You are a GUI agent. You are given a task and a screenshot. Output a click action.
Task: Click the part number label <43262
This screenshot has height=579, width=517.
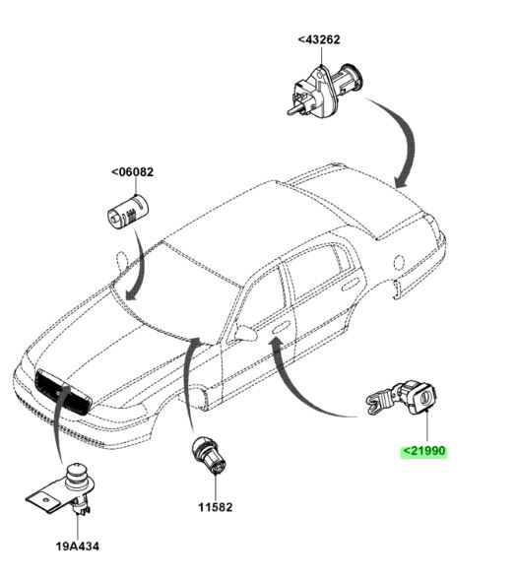tap(319, 39)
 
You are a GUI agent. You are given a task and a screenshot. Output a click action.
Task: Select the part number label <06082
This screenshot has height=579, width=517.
tap(132, 172)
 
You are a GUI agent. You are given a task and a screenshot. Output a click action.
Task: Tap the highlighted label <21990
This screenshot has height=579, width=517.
tap(424, 451)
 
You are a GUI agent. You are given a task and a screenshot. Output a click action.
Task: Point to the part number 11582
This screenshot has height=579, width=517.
tap(216, 507)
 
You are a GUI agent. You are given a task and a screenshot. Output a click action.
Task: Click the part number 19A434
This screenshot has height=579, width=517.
tap(78, 547)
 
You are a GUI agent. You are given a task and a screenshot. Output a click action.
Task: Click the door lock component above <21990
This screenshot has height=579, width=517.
tap(402, 399)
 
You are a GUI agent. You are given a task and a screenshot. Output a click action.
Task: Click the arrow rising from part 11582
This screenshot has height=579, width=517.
tap(188, 380)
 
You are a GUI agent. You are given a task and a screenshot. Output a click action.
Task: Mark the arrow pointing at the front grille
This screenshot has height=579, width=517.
tap(59, 424)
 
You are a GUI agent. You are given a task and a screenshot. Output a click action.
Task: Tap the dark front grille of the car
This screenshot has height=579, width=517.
tap(63, 392)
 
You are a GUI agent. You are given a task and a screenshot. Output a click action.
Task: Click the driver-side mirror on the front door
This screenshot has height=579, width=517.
tap(245, 332)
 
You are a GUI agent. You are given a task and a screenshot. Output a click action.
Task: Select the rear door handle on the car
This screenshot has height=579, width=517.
tap(351, 286)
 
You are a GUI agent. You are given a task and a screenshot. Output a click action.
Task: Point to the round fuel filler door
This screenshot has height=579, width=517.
tap(399, 262)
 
